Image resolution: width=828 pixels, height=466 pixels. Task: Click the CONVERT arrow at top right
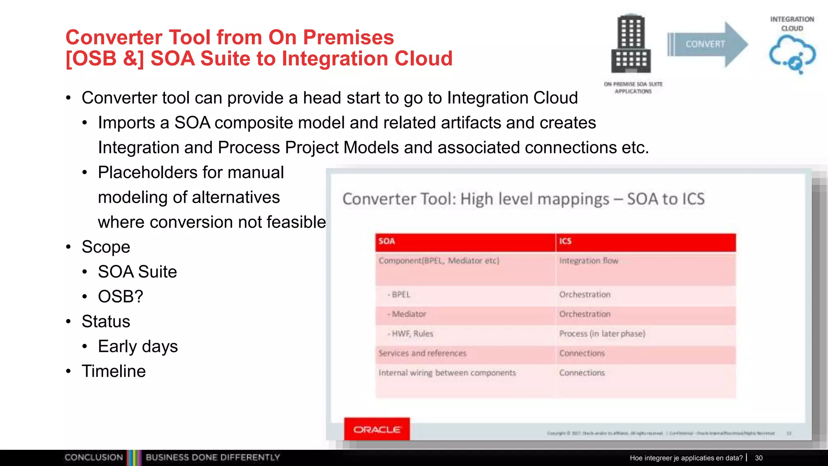point(707,44)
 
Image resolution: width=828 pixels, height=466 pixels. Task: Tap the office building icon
point(631,44)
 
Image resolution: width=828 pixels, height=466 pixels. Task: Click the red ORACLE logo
point(377,429)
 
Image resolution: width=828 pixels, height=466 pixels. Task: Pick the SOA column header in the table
point(465,241)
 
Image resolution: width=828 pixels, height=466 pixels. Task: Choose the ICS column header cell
point(645,241)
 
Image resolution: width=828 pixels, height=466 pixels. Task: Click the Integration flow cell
point(589,261)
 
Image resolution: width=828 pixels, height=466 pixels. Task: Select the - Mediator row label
point(407,314)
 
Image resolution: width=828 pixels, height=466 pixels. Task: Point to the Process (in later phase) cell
point(602,334)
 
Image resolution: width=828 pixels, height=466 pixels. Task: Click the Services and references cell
point(422,353)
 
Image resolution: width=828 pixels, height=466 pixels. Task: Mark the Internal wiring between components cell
point(447,373)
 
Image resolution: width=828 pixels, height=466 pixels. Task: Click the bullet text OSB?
point(120,297)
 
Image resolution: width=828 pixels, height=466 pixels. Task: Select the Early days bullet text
point(137,346)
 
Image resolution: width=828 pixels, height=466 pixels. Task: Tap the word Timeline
point(114,371)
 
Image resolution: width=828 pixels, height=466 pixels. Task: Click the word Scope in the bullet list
point(106,247)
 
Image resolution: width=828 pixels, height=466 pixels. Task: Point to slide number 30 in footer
point(758,458)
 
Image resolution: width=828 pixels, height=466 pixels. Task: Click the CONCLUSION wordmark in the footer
point(94,458)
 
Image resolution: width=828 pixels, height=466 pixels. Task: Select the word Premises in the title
point(348,37)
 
